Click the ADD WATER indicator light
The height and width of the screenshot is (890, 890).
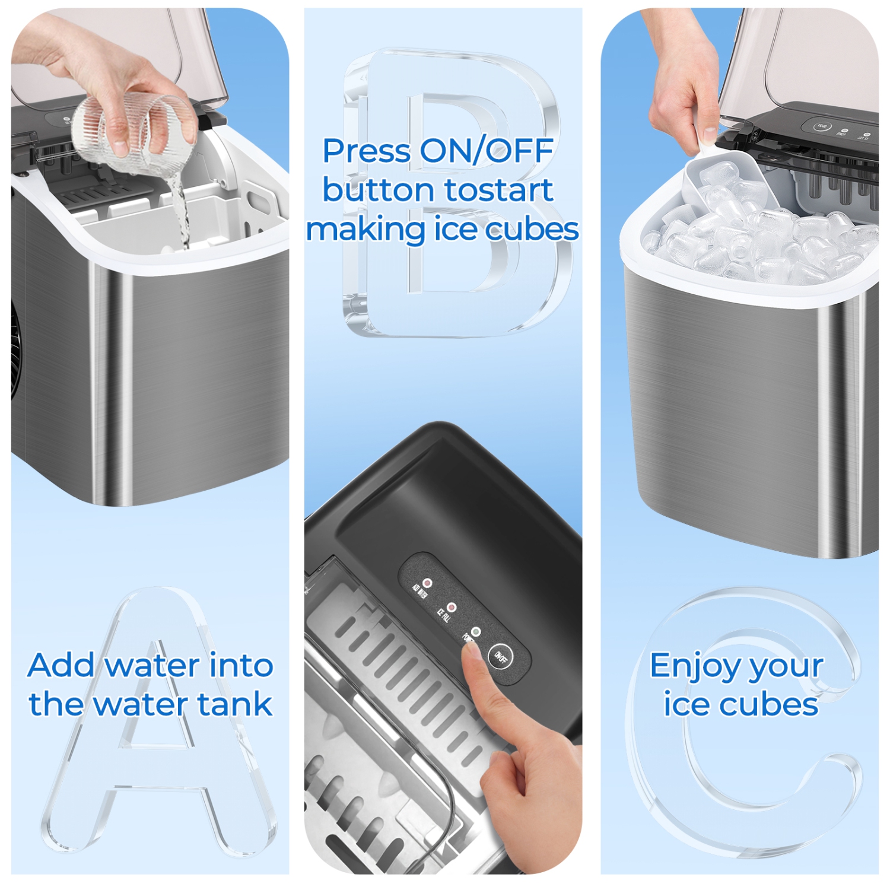pyautogui.click(x=427, y=584)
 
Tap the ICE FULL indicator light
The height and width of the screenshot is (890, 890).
pyautogui.click(x=452, y=608)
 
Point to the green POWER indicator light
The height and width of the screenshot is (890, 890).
pyautogui.click(x=475, y=632)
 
